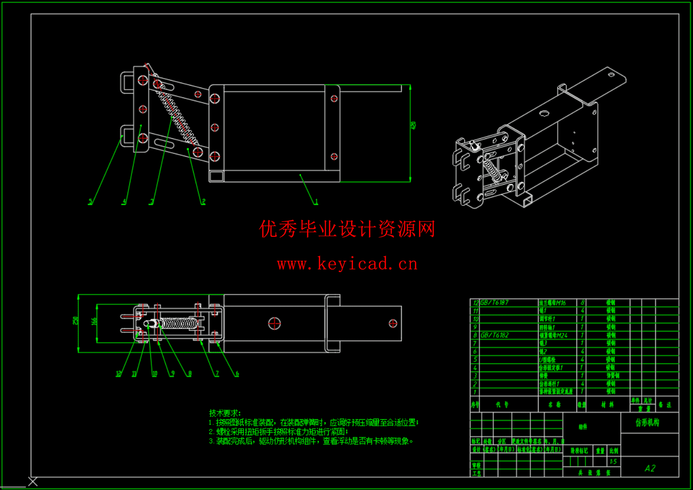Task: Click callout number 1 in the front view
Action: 316,201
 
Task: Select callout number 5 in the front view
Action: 91,201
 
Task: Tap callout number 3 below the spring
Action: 152,201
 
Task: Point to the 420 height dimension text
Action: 413,126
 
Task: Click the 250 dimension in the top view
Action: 76,321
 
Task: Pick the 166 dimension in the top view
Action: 94,321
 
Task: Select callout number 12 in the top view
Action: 118,374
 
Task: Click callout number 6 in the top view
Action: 237,374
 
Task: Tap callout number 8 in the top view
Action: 190,374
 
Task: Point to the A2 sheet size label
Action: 650,468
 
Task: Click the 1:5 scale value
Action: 613,462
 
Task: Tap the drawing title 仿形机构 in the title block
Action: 647,423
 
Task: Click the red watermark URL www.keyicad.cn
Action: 347,264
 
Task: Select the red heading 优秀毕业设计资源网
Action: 347,229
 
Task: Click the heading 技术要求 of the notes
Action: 225,413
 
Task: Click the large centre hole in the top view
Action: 274,323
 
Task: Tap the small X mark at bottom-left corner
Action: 33,482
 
